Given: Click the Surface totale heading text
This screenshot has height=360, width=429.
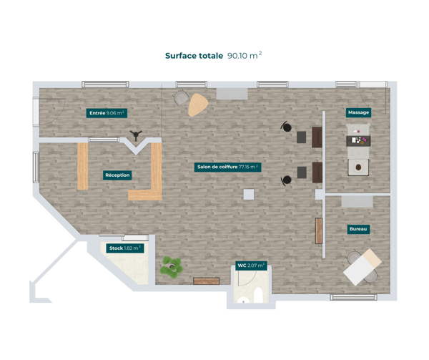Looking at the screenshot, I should click(x=194, y=55).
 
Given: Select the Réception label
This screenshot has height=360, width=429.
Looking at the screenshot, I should click(x=117, y=175).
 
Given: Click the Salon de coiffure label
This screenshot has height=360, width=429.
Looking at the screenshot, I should click(x=227, y=167).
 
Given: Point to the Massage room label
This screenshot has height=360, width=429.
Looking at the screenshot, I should click(x=358, y=113).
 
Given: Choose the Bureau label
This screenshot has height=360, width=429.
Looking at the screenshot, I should click(x=358, y=229).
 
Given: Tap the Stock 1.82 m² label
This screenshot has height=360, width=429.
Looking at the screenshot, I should click(x=124, y=248).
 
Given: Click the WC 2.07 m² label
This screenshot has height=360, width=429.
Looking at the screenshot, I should click(x=251, y=266).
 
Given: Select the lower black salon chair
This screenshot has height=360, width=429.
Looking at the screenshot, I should click(x=287, y=180).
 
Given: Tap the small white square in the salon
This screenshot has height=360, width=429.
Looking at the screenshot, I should click(x=248, y=194).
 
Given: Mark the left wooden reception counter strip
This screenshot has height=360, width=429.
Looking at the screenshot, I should click(x=82, y=166).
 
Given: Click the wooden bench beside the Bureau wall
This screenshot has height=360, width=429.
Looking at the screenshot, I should click(x=319, y=230).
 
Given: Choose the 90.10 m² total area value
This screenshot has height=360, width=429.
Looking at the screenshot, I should click(x=245, y=55).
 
